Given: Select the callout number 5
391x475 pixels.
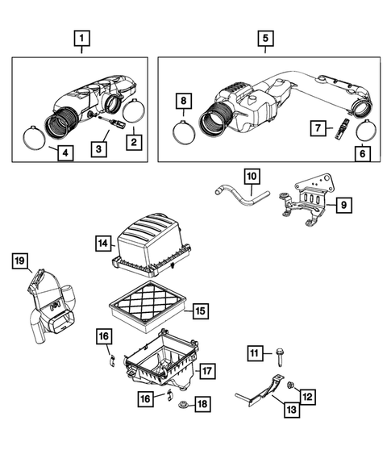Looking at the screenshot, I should tap(265, 37).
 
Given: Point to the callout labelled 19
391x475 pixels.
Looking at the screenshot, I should tap(20, 260).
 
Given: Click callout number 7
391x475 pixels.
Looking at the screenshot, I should tap(318, 127).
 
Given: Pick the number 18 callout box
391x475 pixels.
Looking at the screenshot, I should tap(202, 402).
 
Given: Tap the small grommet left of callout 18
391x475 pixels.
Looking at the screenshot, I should tap(182, 400).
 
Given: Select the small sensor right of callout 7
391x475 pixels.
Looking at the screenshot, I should tap(342, 127).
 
